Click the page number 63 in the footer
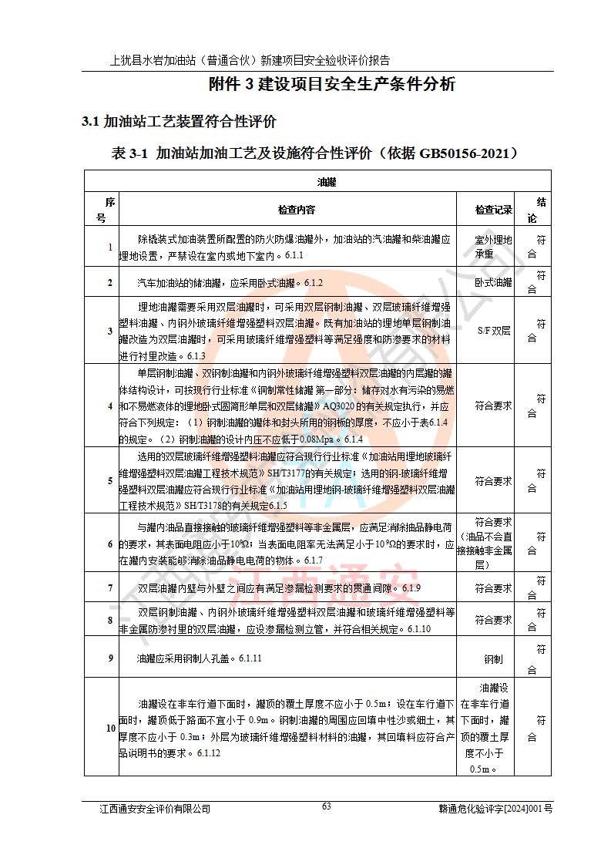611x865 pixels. point(326,806)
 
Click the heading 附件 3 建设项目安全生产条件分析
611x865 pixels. point(333,85)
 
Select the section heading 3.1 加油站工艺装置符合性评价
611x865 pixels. point(179,122)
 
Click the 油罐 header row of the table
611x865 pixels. point(327,182)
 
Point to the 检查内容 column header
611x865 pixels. point(297,210)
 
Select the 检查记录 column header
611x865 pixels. point(493,210)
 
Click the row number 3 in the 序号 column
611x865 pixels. point(110,331)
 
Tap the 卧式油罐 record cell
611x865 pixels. point(493,282)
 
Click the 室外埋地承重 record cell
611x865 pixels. point(493,247)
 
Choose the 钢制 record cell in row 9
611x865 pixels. point(493,659)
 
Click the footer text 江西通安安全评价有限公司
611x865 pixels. point(155,809)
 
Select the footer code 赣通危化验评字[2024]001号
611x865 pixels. point(495,809)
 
